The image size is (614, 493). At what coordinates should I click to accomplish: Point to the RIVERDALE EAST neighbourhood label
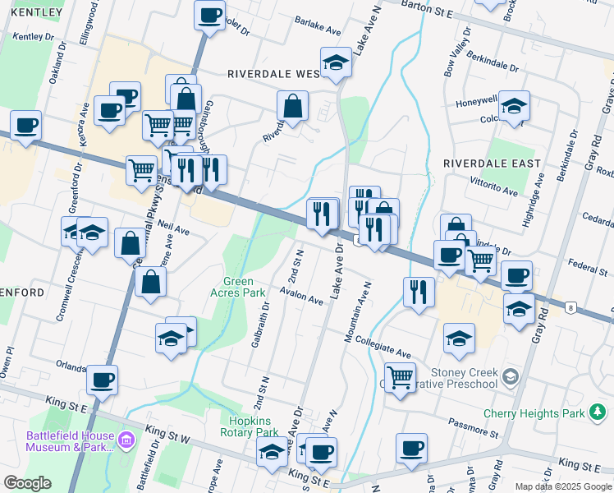coord(493,164)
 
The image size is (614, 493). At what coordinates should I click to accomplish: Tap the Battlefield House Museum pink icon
coord(126,441)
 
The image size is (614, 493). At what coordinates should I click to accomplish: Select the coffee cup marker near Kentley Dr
coord(25,126)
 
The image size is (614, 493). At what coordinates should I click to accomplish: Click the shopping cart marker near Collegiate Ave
coord(400,378)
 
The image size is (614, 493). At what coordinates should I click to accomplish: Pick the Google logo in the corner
coord(26,484)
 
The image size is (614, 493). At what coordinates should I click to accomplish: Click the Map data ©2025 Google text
coord(563,486)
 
